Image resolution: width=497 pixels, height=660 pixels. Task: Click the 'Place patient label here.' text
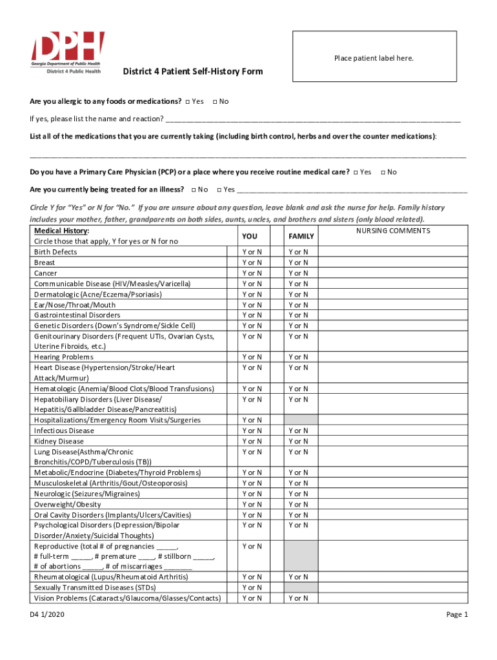click(374, 59)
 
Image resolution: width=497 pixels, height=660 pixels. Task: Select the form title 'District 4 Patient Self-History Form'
click(193, 72)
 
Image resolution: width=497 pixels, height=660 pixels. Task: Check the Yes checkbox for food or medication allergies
click(187, 102)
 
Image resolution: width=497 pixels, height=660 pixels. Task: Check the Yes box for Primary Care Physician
click(355, 172)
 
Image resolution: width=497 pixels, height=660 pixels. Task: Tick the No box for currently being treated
click(193, 189)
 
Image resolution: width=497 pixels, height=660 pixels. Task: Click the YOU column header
click(249, 237)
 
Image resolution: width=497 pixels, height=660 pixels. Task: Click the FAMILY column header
click(301, 237)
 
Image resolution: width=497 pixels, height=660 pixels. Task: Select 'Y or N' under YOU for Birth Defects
click(252, 252)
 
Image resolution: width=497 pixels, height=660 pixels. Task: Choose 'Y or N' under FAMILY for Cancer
click(298, 273)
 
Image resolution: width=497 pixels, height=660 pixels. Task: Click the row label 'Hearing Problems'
click(64, 357)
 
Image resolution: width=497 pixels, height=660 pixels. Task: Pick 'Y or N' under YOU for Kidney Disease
click(252, 442)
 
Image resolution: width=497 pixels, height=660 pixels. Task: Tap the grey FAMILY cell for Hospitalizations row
click(301, 420)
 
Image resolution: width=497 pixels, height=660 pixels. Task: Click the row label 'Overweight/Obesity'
click(68, 505)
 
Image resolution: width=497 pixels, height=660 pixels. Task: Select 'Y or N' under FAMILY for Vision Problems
click(298, 599)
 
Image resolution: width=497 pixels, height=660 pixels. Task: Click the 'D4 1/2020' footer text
click(47, 615)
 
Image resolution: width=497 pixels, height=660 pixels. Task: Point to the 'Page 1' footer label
click(457, 615)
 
